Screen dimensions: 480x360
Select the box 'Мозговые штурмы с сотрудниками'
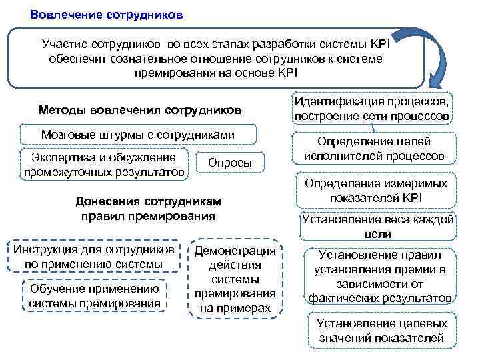(x=138, y=135)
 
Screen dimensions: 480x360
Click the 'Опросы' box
(x=230, y=163)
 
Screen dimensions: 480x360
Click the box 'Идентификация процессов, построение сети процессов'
(x=372, y=108)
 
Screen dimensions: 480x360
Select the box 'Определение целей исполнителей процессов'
(x=374, y=149)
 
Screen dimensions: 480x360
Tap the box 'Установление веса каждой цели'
(x=377, y=227)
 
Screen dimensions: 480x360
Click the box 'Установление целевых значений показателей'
(x=381, y=331)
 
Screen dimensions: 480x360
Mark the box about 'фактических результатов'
(x=379, y=276)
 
